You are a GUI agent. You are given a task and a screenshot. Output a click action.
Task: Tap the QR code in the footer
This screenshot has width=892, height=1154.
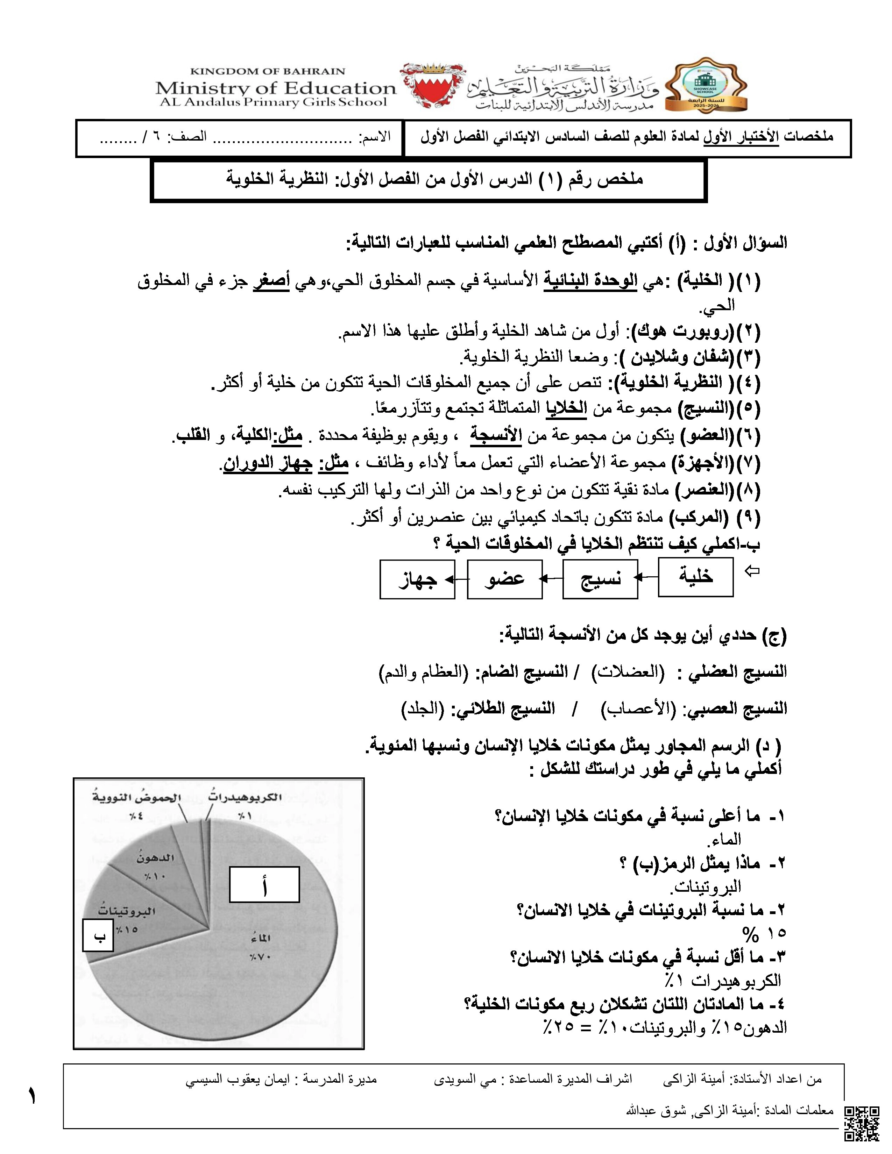pos(861,1123)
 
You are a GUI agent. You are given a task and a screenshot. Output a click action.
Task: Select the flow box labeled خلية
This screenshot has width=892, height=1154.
pos(695,576)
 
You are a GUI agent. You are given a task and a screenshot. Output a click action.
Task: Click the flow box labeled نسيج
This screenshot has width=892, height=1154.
pos(600,579)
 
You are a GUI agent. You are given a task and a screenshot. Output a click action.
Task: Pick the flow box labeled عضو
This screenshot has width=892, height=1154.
pos(505,579)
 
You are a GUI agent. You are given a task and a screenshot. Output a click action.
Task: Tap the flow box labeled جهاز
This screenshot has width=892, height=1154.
pos(417,579)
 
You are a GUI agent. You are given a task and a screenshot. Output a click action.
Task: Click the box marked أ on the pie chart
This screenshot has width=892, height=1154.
pos(264,884)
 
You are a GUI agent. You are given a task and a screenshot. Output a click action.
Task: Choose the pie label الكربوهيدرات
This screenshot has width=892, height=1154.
pos(245,797)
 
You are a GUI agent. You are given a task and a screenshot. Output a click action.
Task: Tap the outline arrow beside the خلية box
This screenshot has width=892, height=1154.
pos(751,571)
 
